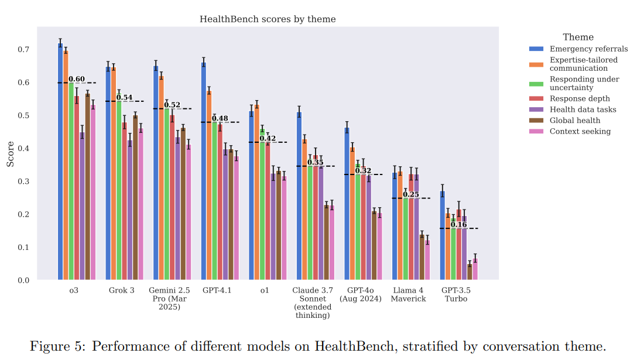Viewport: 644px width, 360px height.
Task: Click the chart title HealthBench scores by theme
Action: pyautogui.click(x=268, y=19)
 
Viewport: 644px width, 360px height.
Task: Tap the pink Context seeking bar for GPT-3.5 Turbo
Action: pyautogui.click(x=475, y=269)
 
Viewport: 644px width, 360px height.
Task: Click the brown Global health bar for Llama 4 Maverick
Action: pyautogui.click(x=422, y=257)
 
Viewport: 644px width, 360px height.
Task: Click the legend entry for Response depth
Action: pyautogui.click(x=580, y=98)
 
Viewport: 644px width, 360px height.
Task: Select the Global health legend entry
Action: pyautogui.click(x=578, y=120)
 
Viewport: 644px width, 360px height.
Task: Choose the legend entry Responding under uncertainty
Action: pyautogui.click(x=584, y=83)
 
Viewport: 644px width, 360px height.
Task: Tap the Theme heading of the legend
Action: pyautogui.click(x=578, y=37)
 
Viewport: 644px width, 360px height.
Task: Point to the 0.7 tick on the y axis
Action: pyautogui.click(x=23, y=50)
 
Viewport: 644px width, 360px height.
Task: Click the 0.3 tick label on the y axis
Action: pyautogui.click(x=23, y=181)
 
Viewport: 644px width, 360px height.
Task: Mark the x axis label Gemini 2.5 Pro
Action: pyautogui.click(x=169, y=299)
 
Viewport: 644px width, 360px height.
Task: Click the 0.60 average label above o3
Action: pyautogui.click(x=77, y=79)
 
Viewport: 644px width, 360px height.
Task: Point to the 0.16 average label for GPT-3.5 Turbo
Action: pyautogui.click(x=458, y=224)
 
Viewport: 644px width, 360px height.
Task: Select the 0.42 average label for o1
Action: pyautogui.click(x=268, y=138)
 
